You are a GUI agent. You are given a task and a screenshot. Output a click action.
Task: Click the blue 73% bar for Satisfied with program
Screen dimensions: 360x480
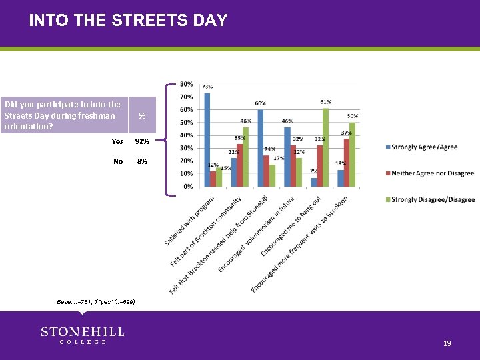tap(207, 140)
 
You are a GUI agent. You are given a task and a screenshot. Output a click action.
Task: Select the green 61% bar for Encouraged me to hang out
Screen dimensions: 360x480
tap(325, 147)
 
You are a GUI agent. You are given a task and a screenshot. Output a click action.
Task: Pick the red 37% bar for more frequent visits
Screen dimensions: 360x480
tap(346, 163)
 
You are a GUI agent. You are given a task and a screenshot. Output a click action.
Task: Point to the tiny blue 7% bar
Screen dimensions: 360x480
tap(314, 182)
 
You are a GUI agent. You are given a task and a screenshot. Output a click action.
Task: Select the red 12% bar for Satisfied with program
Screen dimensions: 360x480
tap(213, 179)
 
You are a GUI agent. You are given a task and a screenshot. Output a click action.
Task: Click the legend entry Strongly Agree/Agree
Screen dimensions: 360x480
tap(424, 147)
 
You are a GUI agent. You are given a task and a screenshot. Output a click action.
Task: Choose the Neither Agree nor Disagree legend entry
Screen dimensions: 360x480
tap(432, 173)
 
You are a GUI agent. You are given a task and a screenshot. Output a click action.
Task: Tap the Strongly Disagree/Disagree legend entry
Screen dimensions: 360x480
tap(433, 199)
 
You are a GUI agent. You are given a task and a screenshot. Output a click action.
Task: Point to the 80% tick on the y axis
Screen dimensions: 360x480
tap(187, 85)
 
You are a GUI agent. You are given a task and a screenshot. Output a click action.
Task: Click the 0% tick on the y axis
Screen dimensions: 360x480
tap(189, 186)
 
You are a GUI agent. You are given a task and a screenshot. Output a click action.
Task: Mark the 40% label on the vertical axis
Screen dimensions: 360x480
tap(187, 135)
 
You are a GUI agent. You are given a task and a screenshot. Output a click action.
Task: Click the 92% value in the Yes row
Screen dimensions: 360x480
tap(142, 141)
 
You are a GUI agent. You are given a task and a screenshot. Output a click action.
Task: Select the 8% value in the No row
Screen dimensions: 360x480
tap(142, 161)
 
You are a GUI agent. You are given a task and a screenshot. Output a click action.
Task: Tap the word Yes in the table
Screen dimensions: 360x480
tap(117, 141)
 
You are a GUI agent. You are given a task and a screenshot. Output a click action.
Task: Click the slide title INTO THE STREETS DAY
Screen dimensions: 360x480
tap(128, 21)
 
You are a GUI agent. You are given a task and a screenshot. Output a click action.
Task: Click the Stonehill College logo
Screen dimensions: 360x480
tap(83, 335)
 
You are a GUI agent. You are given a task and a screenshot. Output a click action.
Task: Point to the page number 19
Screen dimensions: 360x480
tap(447, 343)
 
